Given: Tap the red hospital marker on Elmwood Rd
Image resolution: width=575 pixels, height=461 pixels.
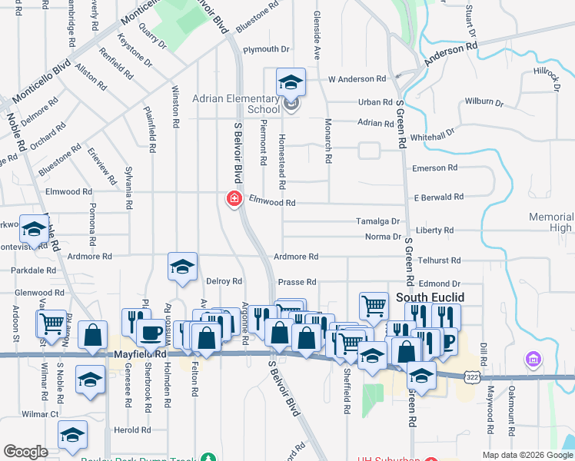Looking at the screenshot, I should coord(233,199).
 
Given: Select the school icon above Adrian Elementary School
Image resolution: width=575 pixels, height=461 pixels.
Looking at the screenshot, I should coord(291,82).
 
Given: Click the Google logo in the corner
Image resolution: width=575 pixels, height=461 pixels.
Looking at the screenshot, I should coord(25,452).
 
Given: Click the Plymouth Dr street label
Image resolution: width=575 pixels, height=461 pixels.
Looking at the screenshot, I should coord(265,49).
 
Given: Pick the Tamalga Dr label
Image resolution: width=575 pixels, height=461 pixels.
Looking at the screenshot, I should coord(378,221).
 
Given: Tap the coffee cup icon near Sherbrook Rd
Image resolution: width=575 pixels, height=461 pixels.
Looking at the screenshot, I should coord(150,332).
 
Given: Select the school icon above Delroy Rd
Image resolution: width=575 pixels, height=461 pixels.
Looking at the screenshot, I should coord(182,267).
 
